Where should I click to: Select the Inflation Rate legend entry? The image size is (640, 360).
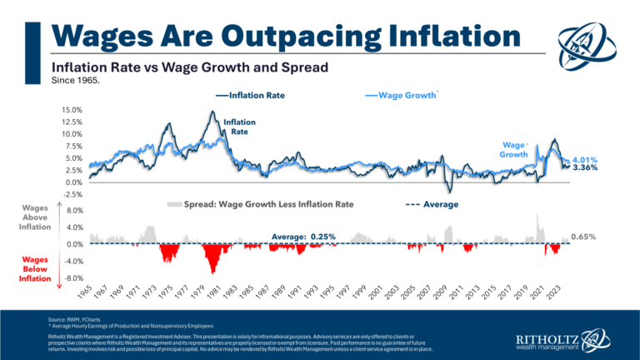pyautogui.click(x=251, y=96)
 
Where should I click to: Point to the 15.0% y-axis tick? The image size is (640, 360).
pyautogui.click(x=70, y=110)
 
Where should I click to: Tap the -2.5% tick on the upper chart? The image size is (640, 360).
pyautogui.click(x=70, y=194)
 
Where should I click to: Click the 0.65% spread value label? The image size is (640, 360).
pyautogui.click(x=584, y=237)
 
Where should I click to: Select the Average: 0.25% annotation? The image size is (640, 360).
pyautogui.click(x=303, y=237)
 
